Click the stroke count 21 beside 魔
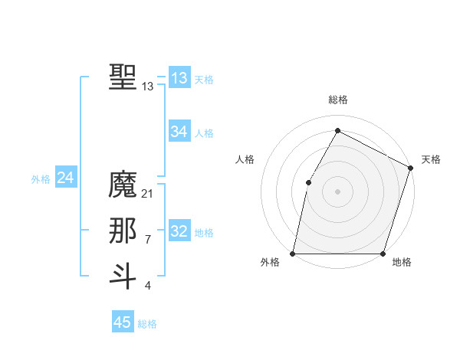[148, 194]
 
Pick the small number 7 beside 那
[148, 240]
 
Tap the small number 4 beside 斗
[148, 286]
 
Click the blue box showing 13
[179, 78]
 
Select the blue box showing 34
[179, 132]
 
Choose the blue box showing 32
[179, 231]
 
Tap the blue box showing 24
[66, 178]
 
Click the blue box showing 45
[123, 322]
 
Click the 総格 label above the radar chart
[338, 100]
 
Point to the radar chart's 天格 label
[431, 159]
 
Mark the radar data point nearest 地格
[383, 254]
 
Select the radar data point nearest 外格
[293, 254]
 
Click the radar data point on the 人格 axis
[308, 182]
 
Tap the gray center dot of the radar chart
[338, 191]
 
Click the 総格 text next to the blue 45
[147, 324]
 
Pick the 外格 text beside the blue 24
[41, 179]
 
